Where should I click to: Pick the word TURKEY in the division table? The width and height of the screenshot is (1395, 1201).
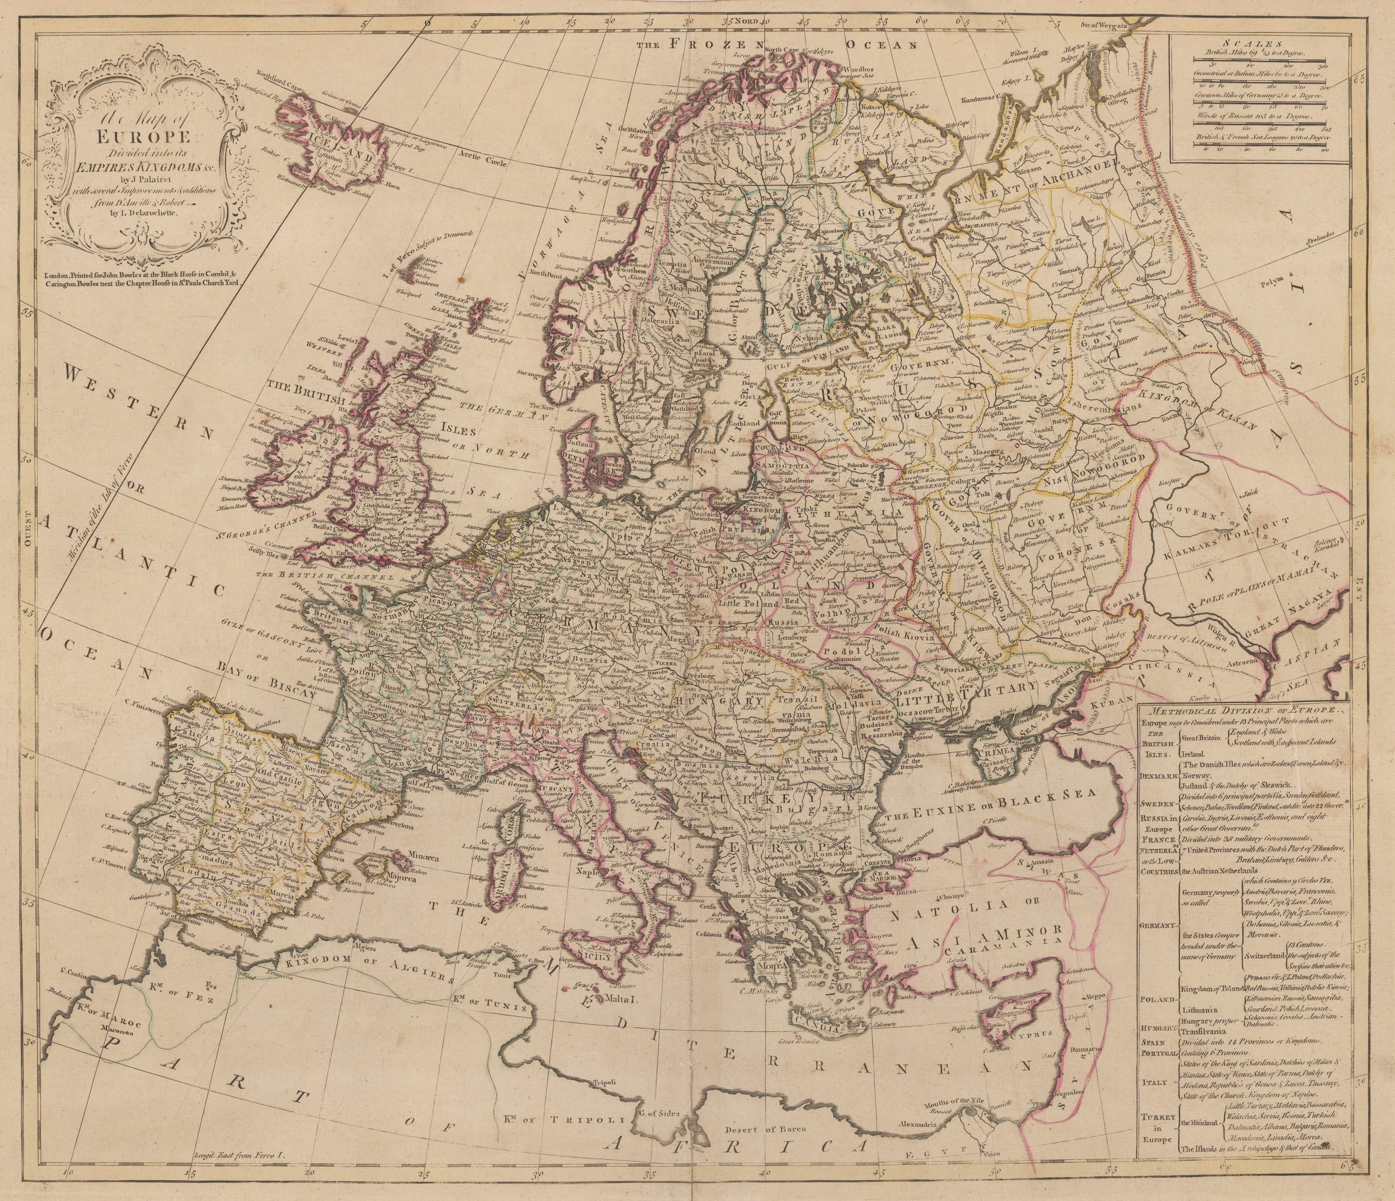(x=1158, y=1116)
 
